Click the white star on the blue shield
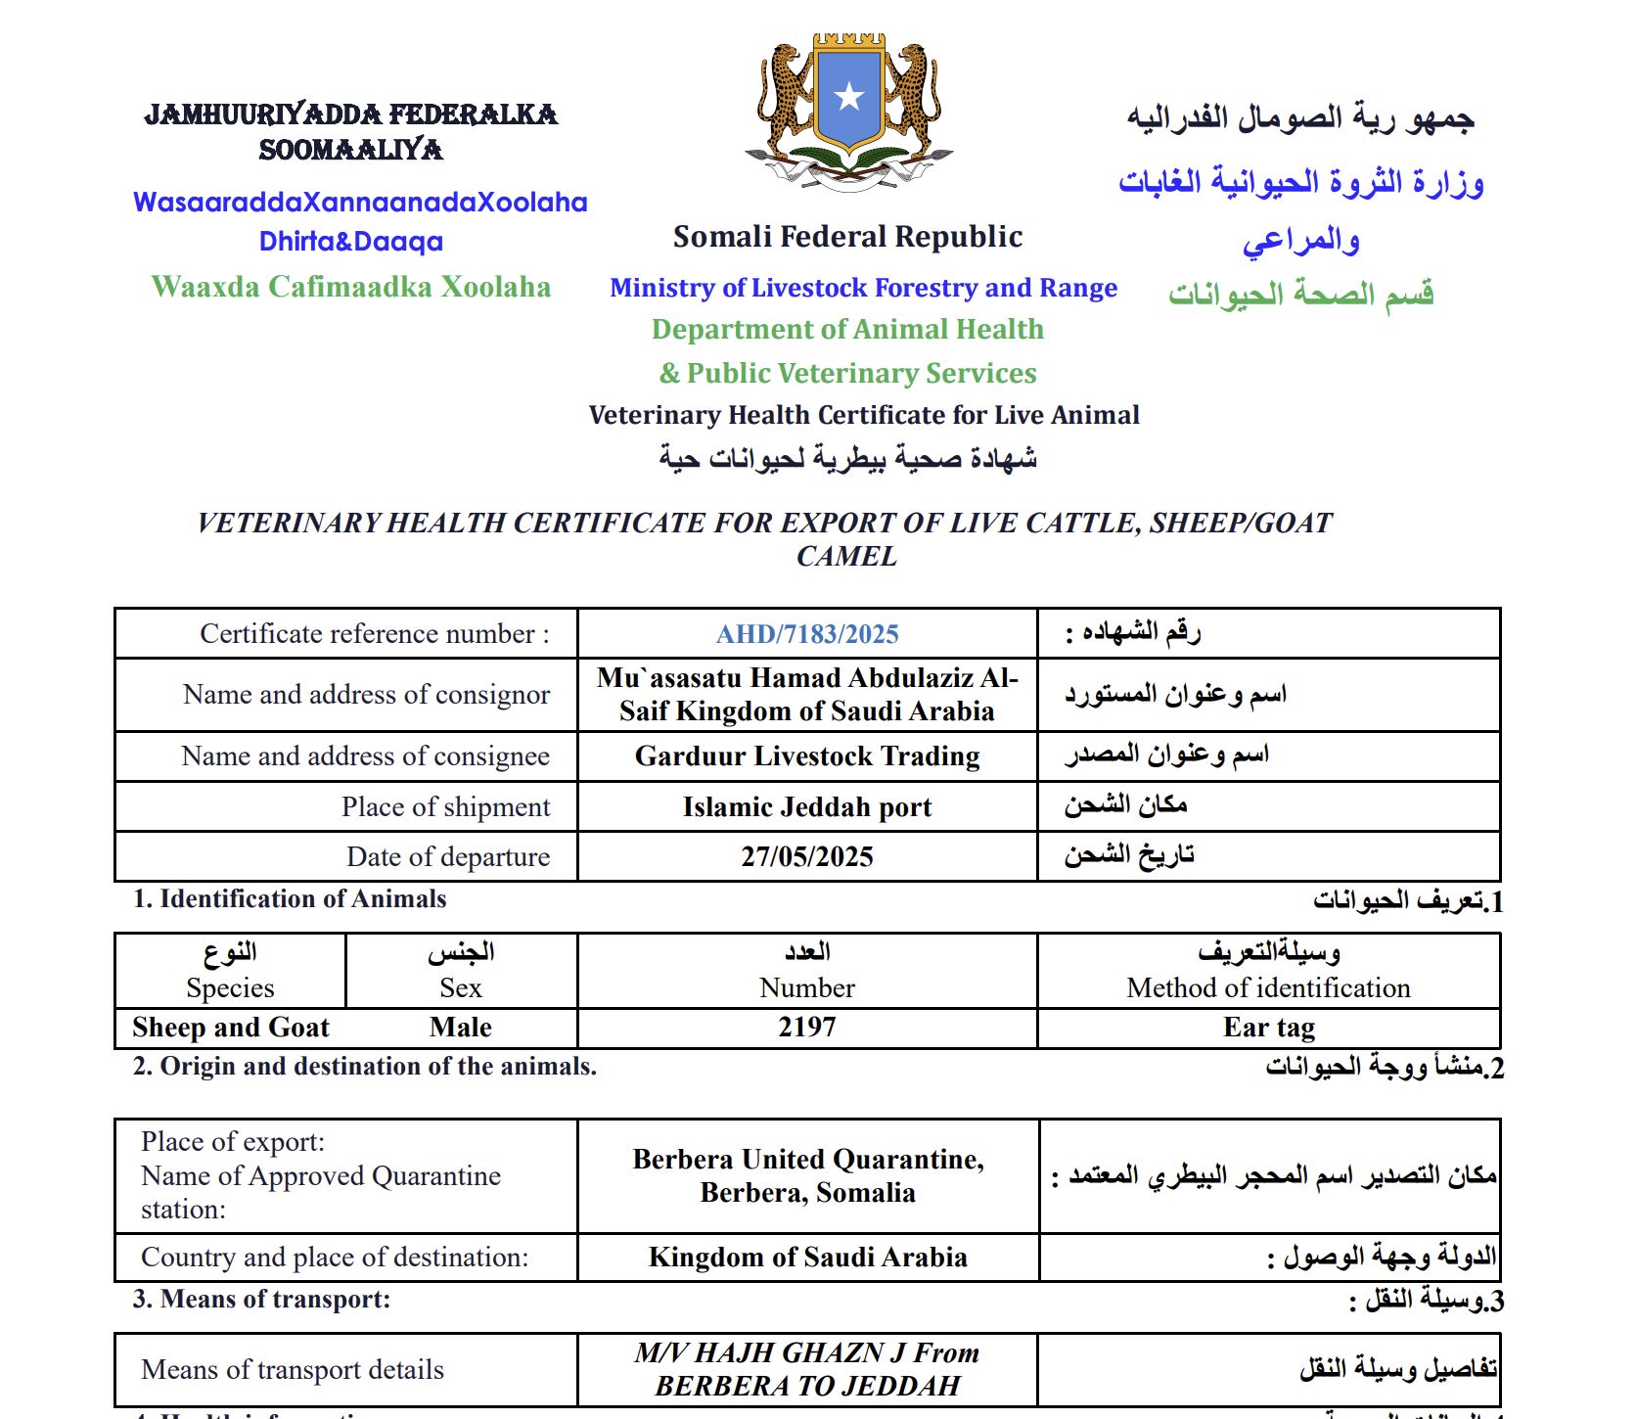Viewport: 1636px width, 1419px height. click(x=848, y=97)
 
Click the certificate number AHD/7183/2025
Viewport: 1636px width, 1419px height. click(x=807, y=634)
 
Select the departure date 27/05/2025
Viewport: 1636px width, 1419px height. click(x=807, y=856)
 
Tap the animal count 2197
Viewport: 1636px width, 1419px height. click(x=807, y=1027)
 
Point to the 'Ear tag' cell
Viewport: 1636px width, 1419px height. click(x=1268, y=1027)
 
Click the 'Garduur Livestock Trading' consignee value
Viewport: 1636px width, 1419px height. click(x=807, y=755)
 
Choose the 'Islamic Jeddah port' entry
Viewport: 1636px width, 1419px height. click(x=807, y=806)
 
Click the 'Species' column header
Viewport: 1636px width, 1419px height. click(x=230, y=987)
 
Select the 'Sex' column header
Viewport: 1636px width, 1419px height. click(x=460, y=987)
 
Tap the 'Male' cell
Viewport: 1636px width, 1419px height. click(x=460, y=1027)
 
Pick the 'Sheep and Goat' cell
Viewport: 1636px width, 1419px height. click(x=231, y=1027)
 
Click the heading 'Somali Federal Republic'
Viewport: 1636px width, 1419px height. click(x=847, y=237)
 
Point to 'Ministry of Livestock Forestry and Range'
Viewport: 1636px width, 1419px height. click(x=863, y=288)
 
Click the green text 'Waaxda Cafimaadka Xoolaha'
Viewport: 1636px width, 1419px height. click(x=351, y=287)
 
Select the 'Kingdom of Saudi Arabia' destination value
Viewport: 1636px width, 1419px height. click(x=807, y=1257)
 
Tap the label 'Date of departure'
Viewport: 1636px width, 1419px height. click(x=447, y=856)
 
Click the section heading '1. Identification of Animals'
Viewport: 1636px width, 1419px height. click(x=290, y=898)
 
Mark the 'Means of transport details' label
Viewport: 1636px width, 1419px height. click(x=293, y=1369)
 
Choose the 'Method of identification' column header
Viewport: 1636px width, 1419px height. click(x=1268, y=987)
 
